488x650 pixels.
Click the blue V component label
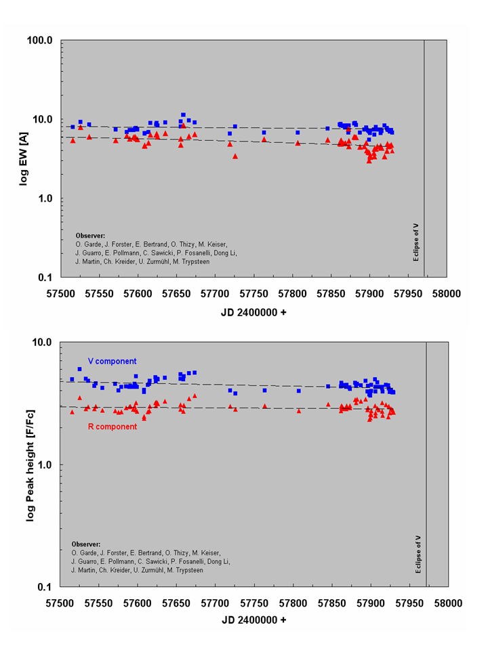[x=112, y=361]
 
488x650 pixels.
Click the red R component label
[x=113, y=427]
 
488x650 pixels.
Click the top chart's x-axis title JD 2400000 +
[x=253, y=313]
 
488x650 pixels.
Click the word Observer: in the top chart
[x=89, y=236]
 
